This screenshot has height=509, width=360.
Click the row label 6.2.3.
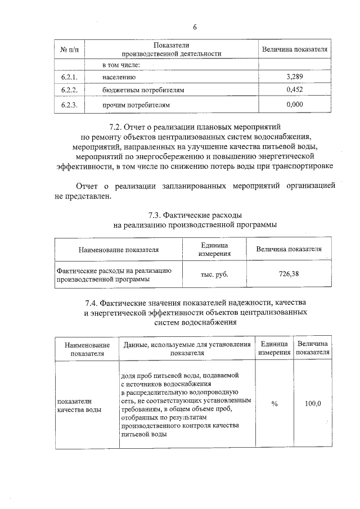pos(70,105)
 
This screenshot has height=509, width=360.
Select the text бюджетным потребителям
pos(143,90)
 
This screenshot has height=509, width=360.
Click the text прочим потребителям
pos(136,105)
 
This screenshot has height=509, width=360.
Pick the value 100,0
pos(313,404)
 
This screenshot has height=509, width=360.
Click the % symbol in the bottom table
pos(274,404)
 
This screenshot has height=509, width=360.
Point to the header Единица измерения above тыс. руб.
pos(214,250)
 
